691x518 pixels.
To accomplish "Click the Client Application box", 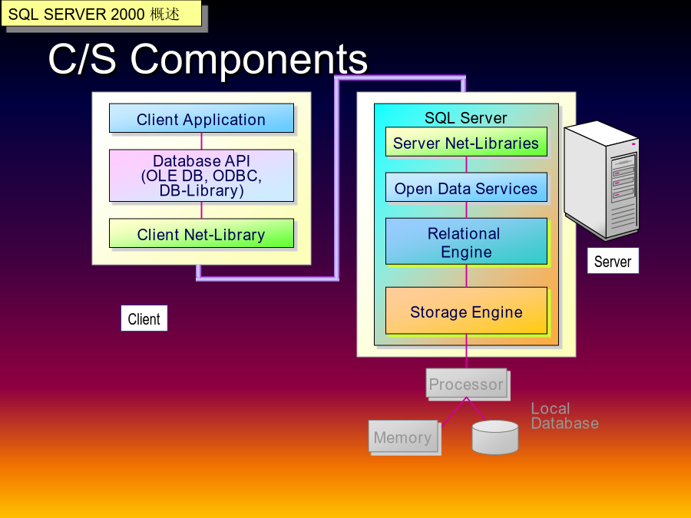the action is point(201,118).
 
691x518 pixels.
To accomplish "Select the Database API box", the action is point(201,175).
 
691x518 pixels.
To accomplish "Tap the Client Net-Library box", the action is point(201,233).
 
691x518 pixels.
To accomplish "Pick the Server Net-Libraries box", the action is point(466,142).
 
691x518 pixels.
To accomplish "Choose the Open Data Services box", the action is point(466,187).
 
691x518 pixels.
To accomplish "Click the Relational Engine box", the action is point(466,242).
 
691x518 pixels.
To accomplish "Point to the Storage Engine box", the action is point(466,311).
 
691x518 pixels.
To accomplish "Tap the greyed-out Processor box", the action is point(467,383).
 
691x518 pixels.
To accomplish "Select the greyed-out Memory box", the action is point(403,436).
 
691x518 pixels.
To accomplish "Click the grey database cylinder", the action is point(495,437).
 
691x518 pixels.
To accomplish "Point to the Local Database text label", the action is point(564,416).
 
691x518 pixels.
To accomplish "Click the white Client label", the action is point(144,318).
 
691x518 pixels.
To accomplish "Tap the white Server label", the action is point(613,261).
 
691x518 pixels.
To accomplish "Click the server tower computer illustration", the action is point(602,180).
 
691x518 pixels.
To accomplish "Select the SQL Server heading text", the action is point(466,117).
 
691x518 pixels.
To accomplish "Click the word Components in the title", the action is point(249,59).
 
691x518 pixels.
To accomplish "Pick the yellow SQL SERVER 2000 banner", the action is point(101,13).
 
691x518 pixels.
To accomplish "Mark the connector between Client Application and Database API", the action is point(201,141).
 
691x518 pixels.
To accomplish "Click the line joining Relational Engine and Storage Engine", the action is point(466,275).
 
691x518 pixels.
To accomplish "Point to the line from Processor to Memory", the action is point(454,412).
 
